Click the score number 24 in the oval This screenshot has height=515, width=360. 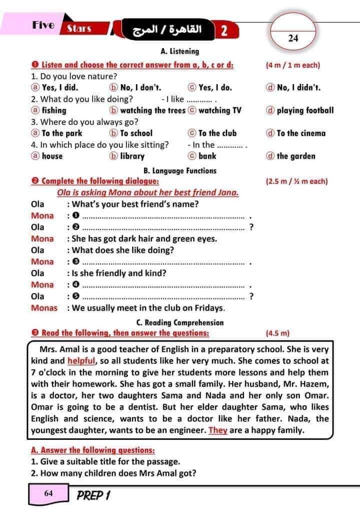293,38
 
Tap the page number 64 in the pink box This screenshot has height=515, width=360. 48,493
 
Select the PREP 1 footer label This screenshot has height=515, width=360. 93,495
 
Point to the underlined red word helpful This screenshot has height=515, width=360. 81,360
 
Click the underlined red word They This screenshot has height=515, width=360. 218,430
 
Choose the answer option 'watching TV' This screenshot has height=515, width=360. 219,110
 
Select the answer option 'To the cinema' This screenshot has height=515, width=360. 300,133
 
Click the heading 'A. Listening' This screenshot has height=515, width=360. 180,51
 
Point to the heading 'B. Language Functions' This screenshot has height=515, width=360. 180,170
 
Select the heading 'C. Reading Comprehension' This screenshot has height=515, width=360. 180,323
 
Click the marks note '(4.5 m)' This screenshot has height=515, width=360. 277,333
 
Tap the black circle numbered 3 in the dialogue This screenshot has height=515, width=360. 76,262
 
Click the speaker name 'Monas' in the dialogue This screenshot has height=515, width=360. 44,308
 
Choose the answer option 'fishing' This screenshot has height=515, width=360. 53,110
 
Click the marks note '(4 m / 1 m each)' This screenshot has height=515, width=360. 293,65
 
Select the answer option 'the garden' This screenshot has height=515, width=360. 295,156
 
